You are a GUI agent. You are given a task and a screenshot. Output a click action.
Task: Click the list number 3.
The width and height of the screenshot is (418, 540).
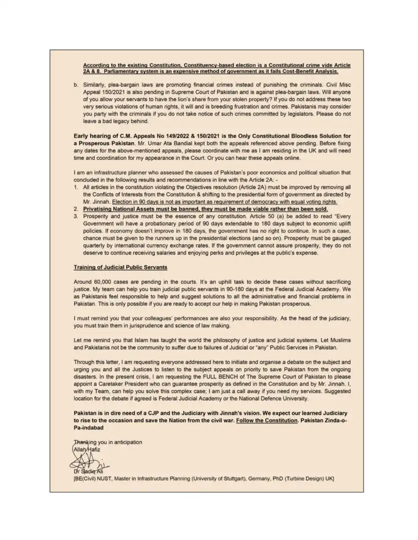coord(76,216)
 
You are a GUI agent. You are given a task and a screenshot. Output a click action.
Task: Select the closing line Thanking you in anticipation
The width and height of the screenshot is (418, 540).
coord(108,442)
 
